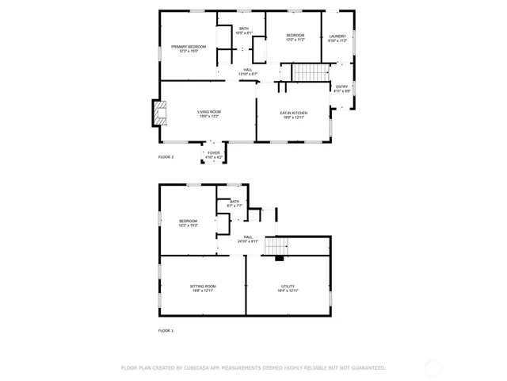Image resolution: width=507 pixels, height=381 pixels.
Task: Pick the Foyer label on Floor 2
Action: click(214, 155)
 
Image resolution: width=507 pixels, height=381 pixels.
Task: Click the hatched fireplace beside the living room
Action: click(161, 113)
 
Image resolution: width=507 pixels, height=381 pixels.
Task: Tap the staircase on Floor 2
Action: click(311, 73)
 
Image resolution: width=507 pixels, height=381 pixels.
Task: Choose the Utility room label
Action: click(288, 288)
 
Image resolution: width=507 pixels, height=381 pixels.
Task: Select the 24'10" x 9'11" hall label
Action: click(248, 239)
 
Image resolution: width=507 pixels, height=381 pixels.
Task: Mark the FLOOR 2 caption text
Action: click(166, 157)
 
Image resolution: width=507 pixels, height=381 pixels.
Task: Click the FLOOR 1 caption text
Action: click(166, 330)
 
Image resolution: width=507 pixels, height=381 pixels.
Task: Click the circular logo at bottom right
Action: click(433, 368)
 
